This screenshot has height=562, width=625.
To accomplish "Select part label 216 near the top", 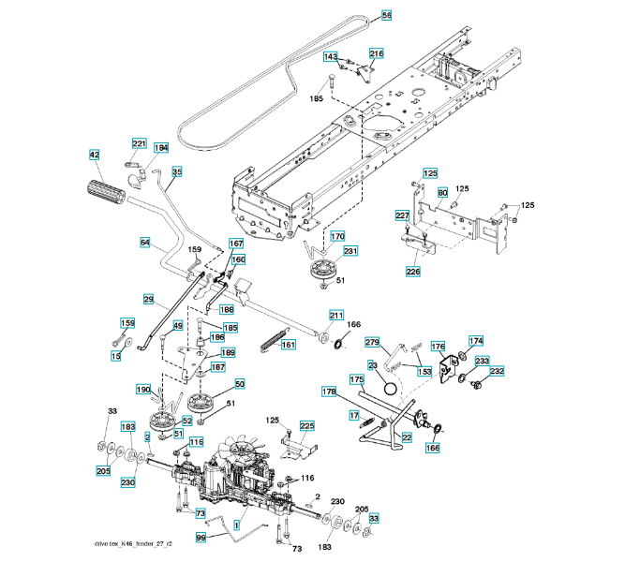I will (376, 53).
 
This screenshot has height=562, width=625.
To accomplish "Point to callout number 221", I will (140, 143).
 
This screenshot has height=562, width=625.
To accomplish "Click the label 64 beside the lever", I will (145, 243).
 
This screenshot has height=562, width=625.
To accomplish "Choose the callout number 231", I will (350, 251).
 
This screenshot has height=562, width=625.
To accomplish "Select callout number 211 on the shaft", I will (336, 315).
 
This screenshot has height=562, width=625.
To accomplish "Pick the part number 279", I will (371, 342).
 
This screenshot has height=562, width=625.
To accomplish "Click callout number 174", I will (476, 341).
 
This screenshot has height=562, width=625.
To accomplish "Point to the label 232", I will (497, 372).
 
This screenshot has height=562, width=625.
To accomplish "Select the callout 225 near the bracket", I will (307, 426).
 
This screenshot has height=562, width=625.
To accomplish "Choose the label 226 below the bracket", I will (413, 272).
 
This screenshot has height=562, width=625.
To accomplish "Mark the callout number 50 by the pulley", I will (240, 384).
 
